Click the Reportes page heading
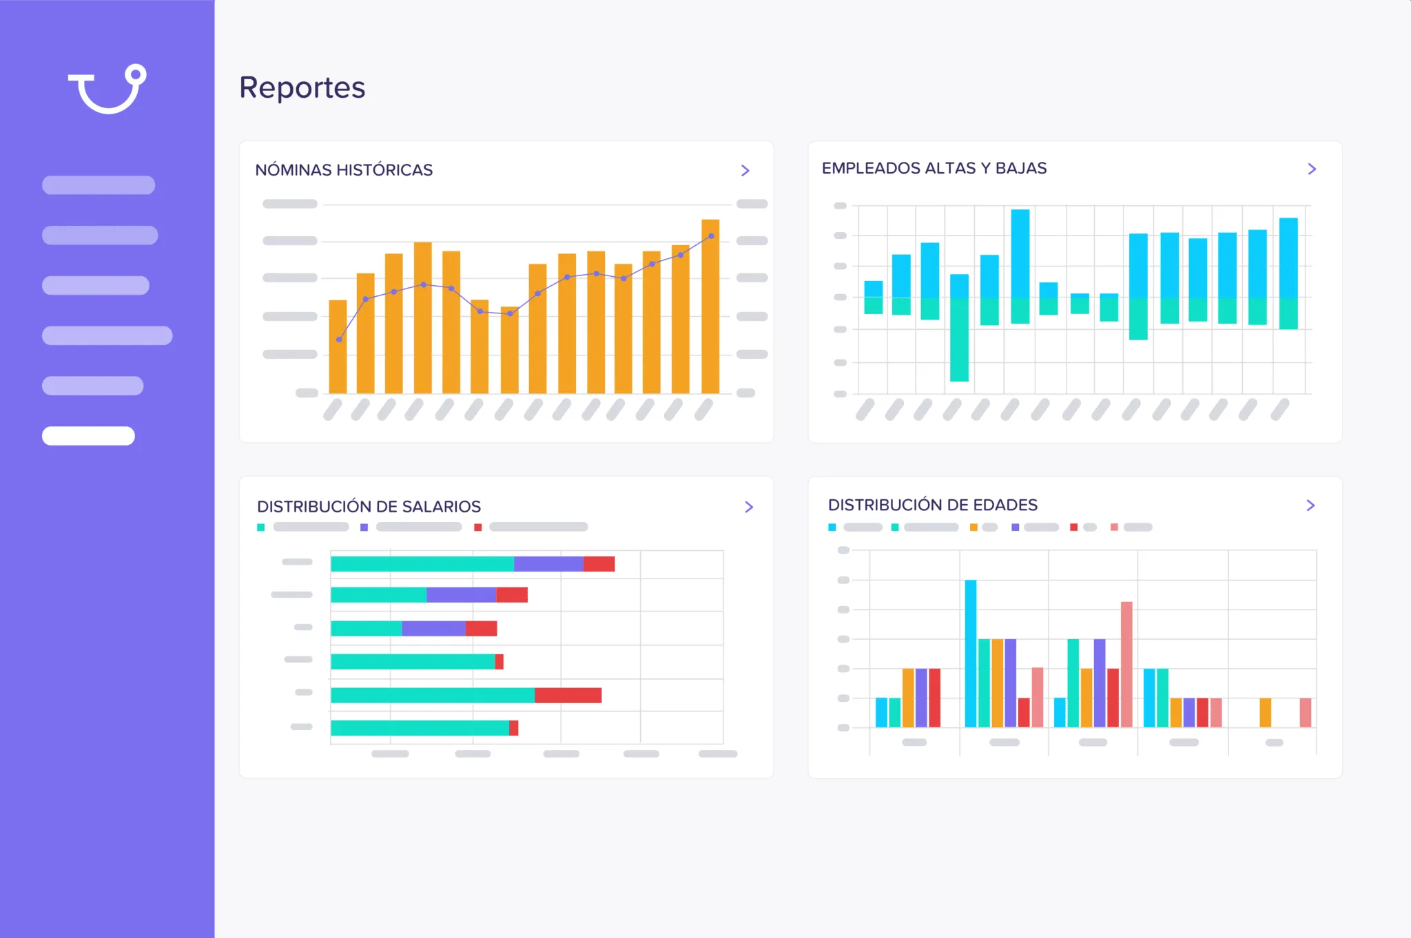click(302, 87)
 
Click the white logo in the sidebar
click(107, 90)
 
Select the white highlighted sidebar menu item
click(88, 436)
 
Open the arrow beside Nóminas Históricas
click(745, 170)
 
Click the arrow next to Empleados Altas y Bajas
click(1312, 169)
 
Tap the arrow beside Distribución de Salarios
click(749, 507)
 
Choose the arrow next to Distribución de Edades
click(1310, 506)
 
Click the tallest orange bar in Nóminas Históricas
click(710, 306)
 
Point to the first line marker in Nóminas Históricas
click(339, 340)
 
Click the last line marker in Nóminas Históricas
click(711, 236)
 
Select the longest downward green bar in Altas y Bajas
click(959, 339)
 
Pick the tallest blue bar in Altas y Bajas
click(1020, 253)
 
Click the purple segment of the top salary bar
click(548, 564)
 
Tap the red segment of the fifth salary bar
click(568, 695)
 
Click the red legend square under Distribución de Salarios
click(478, 528)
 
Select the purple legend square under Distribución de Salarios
click(364, 528)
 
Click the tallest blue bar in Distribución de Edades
click(971, 653)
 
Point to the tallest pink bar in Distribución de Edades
click(1126, 664)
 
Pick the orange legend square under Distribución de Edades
click(974, 528)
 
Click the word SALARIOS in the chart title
click(441, 507)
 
